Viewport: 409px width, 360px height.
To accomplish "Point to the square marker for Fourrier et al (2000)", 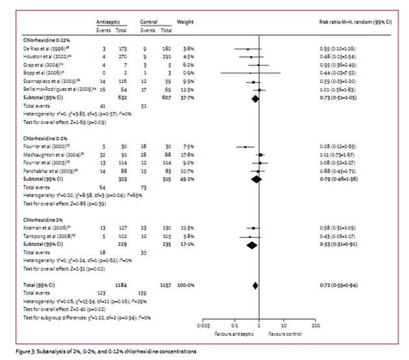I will click(245, 147).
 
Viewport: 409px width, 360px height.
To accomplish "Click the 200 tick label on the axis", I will click(316, 324).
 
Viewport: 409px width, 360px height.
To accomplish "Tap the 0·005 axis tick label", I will click(204, 324).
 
